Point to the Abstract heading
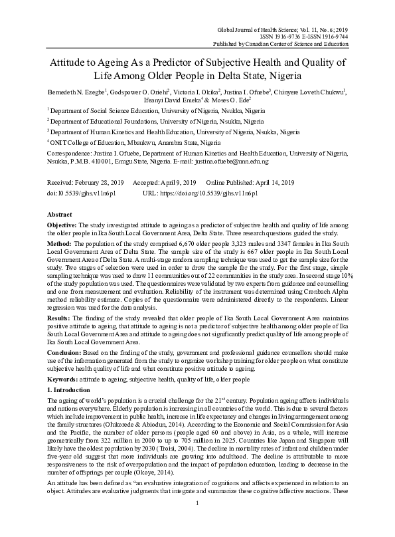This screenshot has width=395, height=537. click(60, 215)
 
